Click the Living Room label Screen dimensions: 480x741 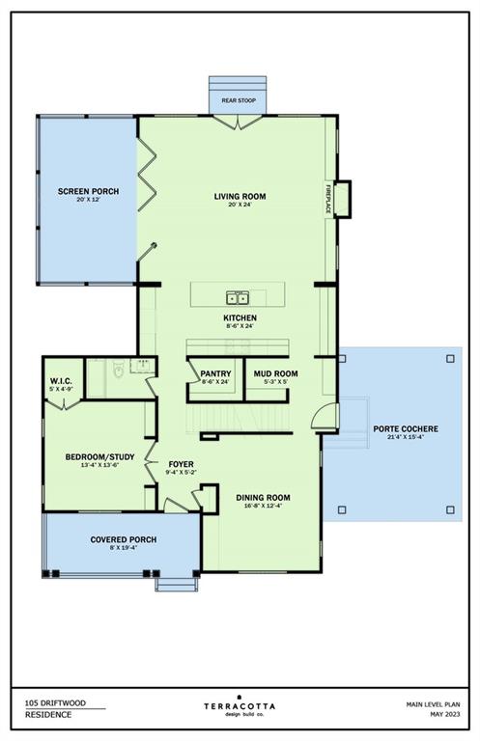pos(240,196)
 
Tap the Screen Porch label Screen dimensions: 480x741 pos(89,191)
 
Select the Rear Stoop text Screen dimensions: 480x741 pos(239,100)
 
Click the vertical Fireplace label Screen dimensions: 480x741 pos(327,199)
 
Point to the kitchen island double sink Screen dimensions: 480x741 pos(238,298)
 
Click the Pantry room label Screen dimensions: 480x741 pos(215,373)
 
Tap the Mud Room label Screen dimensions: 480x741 pos(275,373)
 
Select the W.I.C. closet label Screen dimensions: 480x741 pos(61,381)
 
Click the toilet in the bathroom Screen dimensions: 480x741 pos(118,370)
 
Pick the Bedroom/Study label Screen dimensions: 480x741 pos(99,457)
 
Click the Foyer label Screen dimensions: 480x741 pos(182,464)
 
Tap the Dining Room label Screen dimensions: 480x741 pos(263,498)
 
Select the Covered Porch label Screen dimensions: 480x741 pos(124,539)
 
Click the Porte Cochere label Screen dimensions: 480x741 pos(406,429)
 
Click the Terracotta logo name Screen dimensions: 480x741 pos(240,706)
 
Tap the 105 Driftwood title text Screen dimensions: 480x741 pos(55,702)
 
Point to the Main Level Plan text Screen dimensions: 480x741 pos(434,704)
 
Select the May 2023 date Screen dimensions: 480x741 pos(445,714)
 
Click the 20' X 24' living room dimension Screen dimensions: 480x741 pos(240,205)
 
